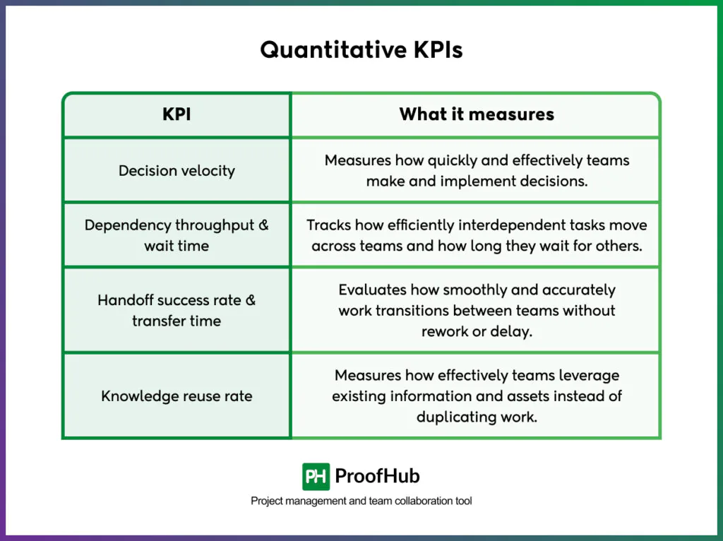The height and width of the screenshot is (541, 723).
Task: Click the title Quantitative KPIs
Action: [361, 50]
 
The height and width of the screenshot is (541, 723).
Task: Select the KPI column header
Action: [177, 114]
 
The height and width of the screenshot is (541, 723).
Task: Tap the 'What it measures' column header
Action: [477, 114]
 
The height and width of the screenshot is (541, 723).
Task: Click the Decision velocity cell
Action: [177, 170]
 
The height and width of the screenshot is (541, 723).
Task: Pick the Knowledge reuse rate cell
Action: [177, 396]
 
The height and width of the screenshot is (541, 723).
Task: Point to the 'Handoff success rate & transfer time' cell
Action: [177, 310]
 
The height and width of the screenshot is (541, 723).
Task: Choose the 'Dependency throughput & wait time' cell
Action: [177, 235]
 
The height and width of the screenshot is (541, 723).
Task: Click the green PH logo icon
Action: [316, 476]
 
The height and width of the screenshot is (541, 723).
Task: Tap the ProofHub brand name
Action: [377, 476]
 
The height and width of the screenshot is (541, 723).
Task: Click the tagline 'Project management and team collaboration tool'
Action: [361, 501]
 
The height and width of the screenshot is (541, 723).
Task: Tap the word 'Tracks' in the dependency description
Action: [326, 225]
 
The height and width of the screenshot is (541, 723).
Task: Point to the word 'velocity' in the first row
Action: [208, 170]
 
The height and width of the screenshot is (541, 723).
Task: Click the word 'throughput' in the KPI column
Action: [213, 225]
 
